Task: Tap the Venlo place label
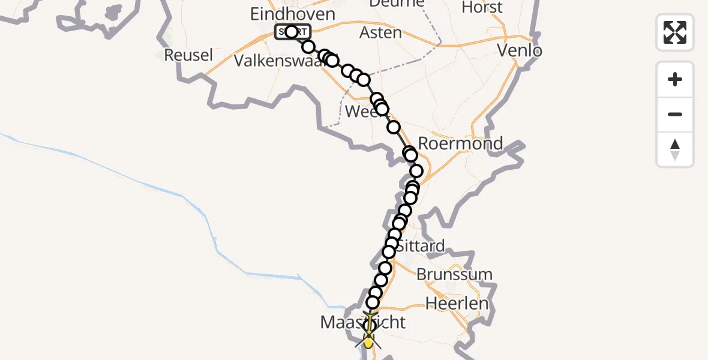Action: [520, 50]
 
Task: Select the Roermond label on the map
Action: [460, 144]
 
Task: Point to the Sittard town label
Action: [422, 245]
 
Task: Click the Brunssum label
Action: [454, 275]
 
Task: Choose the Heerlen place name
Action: [457, 303]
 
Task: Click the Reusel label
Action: [188, 55]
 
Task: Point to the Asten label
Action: [380, 32]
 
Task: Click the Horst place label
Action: [482, 8]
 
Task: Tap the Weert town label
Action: [359, 112]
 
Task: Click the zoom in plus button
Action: [675, 80]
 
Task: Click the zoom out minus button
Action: [675, 115]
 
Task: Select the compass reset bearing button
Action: [675, 149]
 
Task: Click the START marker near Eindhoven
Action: [292, 32]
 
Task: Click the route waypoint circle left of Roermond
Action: [409, 153]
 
